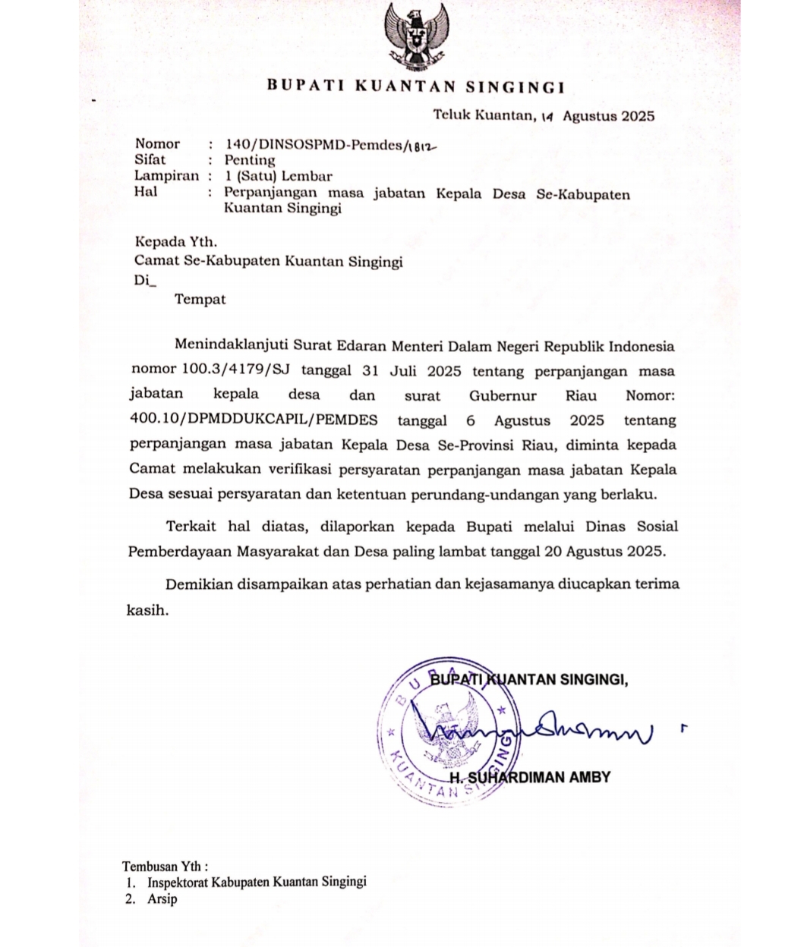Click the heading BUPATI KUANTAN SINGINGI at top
click(x=415, y=87)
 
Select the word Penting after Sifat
click(x=250, y=160)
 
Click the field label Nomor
click(x=157, y=143)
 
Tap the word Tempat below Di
click(x=200, y=299)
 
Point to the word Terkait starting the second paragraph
click(x=191, y=526)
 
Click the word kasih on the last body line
click(x=147, y=609)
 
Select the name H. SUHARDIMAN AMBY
click(x=530, y=778)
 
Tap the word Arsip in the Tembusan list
click(x=162, y=899)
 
